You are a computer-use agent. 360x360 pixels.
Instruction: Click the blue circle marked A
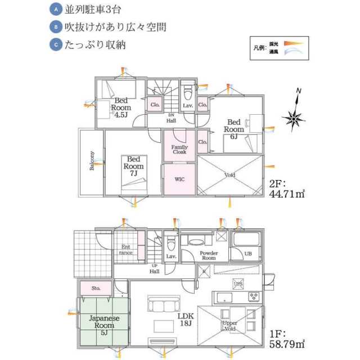[55, 10]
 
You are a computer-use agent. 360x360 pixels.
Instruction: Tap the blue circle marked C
[55, 44]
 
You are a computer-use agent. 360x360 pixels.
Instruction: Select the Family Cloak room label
[179, 149]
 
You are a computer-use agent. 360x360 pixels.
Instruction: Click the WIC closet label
[179, 179]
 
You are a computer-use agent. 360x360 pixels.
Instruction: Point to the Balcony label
[92, 162]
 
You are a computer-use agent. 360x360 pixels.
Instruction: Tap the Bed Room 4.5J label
[121, 107]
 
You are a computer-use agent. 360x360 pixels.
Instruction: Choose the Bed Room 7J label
[134, 166]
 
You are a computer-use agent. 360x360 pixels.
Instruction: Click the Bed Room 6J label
[234, 129]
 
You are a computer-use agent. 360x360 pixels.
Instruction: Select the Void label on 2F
[229, 175]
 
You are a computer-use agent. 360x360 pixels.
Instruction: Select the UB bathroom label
[247, 254]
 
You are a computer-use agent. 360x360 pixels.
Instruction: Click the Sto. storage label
[96, 288]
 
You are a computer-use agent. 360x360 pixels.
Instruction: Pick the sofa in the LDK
[164, 305]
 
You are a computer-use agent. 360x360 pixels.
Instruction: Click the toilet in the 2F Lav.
[187, 92]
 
